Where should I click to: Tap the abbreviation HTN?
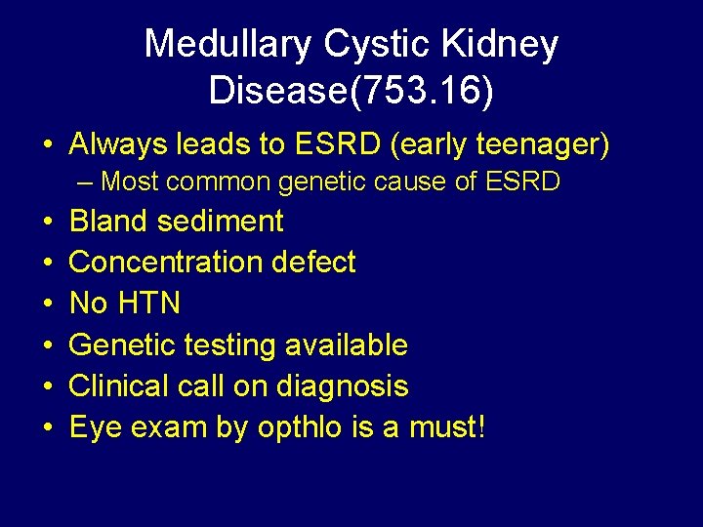point(147,304)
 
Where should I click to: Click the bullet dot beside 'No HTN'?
point(47,304)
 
